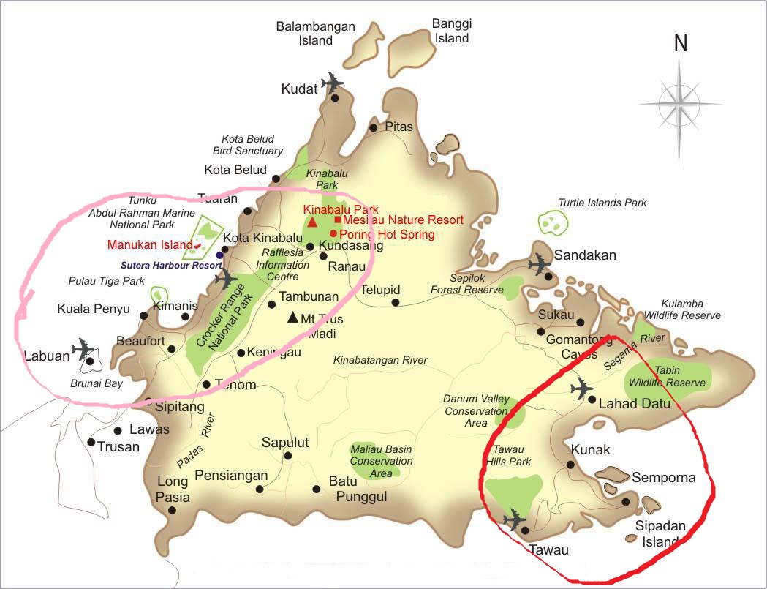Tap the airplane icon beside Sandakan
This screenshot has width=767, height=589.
pos(540,263)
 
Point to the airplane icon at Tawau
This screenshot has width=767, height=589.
pos(515,519)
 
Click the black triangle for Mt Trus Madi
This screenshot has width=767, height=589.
pos(292,318)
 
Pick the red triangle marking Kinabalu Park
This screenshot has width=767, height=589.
pos(312,222)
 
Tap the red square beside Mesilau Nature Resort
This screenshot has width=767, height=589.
pos(337,220)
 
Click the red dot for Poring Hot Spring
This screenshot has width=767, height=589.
pos(333,233)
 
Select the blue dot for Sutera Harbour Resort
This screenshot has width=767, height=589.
pos(219,255)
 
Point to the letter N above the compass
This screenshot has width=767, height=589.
pos(681,43)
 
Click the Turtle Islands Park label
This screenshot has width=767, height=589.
pos(602,203)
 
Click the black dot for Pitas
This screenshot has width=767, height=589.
pos(373,128)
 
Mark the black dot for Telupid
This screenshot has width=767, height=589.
pos(396,302)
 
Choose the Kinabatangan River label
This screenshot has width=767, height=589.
pos(380,360)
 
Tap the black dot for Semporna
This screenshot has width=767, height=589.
pos(626,502)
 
